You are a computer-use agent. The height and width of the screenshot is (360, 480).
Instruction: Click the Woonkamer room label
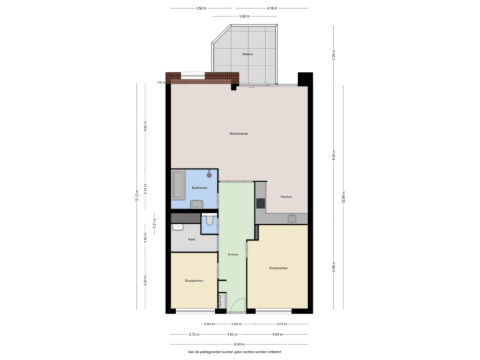point(239,134)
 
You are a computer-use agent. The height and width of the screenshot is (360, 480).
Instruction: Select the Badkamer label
point(199,188)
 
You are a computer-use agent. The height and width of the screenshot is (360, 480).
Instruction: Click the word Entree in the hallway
point(233,254)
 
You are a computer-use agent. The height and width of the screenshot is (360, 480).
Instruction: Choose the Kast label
point(191,238)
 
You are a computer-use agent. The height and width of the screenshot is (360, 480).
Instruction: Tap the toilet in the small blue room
point(209,221)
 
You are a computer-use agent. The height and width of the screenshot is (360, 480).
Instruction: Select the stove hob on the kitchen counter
point(261,202)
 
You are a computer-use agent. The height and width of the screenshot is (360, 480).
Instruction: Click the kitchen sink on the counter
point(292,218)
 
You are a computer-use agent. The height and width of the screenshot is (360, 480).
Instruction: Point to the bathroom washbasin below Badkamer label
point(197,205)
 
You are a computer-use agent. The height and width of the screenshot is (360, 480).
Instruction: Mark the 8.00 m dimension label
point(239,344)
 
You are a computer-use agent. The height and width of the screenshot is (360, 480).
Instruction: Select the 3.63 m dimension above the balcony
point(244,16)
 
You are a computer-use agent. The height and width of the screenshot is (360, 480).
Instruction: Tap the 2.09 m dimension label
point(237,324)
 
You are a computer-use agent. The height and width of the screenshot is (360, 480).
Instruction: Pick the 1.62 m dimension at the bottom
point(232,334)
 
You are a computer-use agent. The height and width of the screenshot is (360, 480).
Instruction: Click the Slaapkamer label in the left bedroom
point(194,281)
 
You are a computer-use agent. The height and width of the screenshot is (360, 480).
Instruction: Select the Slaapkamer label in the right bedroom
point(279,268)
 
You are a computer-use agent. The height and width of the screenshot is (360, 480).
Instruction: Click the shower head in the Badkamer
point(209,175)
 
